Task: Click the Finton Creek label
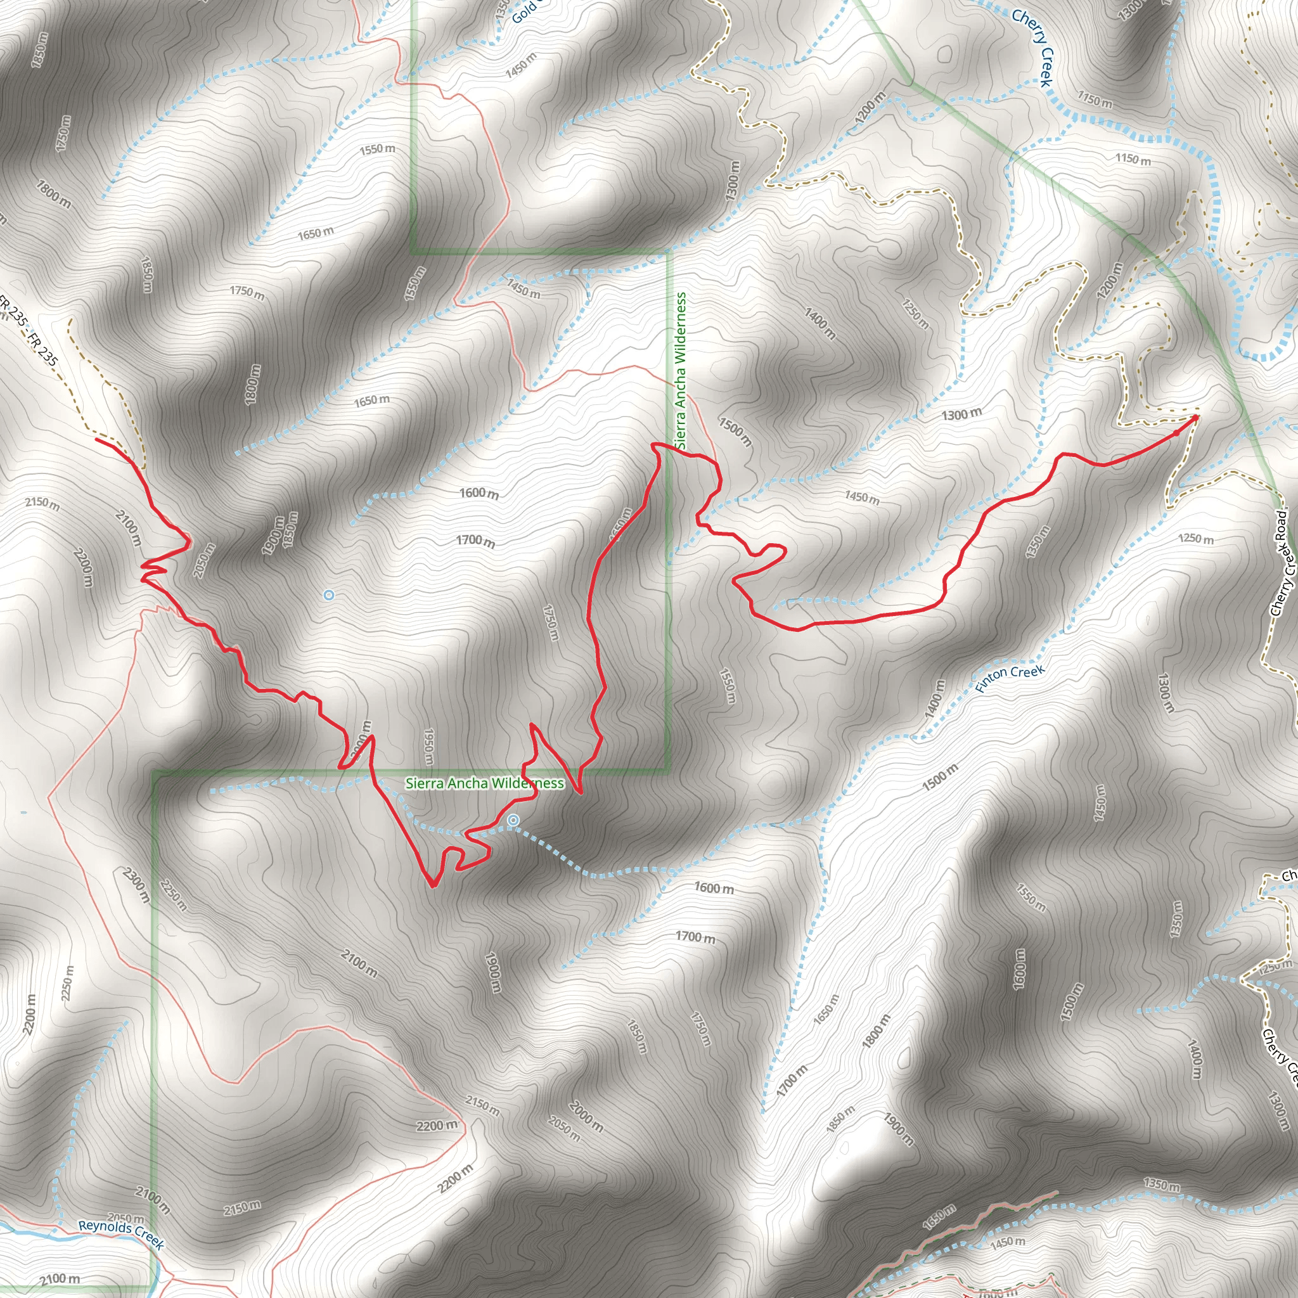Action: click(x=1010, y=679)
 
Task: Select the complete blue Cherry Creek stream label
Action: click(x=1031, y=47)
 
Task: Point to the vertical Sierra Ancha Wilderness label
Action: click(x=682, y=370)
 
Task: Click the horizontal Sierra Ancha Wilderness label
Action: click(x=484, y=783)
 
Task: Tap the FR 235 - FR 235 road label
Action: click(x=30, y=333)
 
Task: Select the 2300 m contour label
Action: click(x=136, y=885)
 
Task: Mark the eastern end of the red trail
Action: click(x=1197, y=416)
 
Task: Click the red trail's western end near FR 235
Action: click(x=97, y=439)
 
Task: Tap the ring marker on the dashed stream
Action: click(x=513, y=820)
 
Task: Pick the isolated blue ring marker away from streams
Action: click(x=328, y=594)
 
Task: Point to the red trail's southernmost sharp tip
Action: click(x=433, y=886)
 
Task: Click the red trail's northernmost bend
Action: click(x=653, y=444)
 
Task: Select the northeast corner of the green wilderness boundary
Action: click(x=668, y=254)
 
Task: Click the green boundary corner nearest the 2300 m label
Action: click(x=154, y=773)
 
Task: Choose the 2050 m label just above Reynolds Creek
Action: click(x=125, y=1218)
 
